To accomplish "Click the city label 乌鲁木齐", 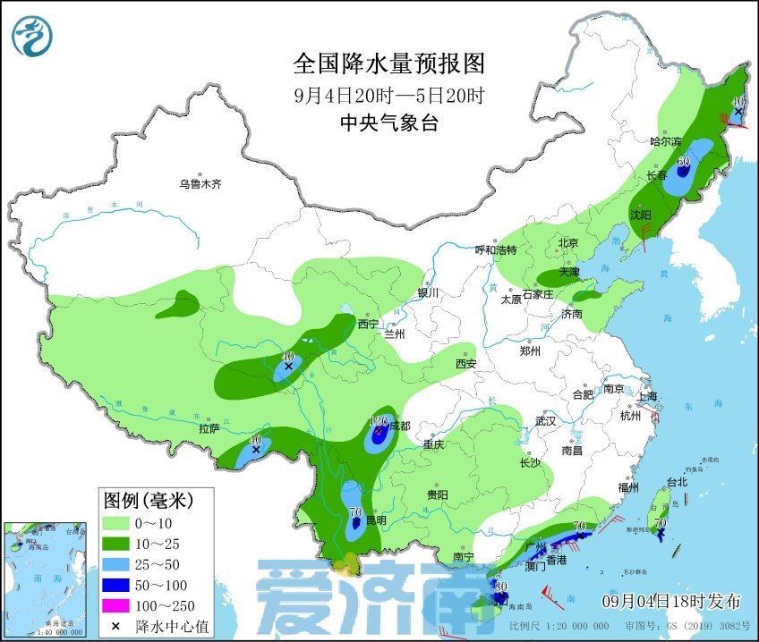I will (x=199, y=184).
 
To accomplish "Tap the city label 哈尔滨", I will (x=665, y=141).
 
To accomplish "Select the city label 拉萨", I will (x=209, y=428).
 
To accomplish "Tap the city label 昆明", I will (x=376, y=520).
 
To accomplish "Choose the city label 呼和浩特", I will (x=496, y=249).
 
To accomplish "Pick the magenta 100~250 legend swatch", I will (x=116, y=606).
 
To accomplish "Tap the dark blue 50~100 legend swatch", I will (x=116, y=585).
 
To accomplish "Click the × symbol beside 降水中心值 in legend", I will (x=116, y=626).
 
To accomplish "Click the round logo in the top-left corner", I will (x=32, y=35).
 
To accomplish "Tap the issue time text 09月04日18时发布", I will (x=663, y=598).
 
